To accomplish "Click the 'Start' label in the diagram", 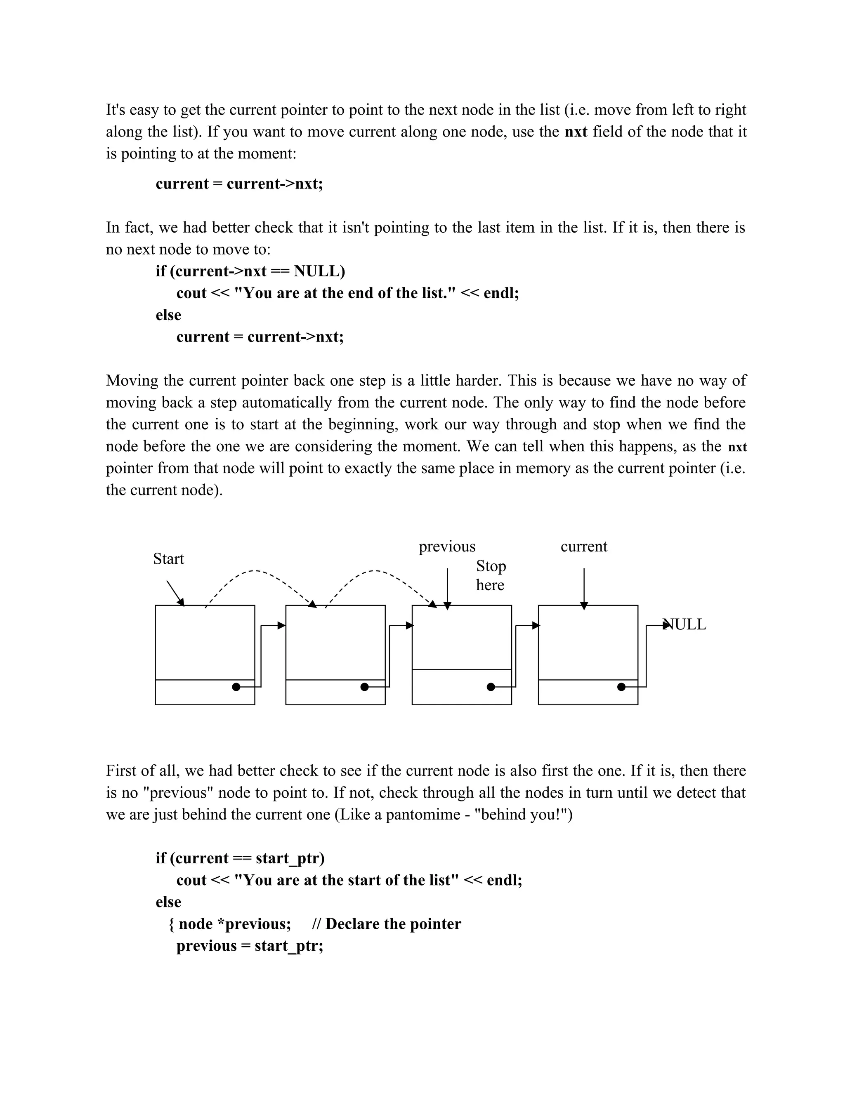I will pos(168,558).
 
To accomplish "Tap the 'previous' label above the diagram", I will pos(447,546).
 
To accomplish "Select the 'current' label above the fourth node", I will pos(584,546).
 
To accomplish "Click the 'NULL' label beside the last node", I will pos(686,624).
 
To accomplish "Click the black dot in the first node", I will pos(236,687).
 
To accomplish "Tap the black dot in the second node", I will pos(364,687).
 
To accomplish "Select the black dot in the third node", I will pos(491,687).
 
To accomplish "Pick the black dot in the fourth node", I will pos(621,687).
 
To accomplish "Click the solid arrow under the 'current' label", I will pos(584,588).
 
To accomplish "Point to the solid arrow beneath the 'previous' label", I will pos(448,588).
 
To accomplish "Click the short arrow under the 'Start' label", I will pos(175,593).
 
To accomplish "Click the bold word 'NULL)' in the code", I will pos(319,271).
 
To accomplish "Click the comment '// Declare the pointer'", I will pos(386,924).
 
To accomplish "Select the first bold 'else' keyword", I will pos(168,315).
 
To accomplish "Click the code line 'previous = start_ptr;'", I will pos(250,946).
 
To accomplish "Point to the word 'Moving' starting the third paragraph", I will pos(132,381).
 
